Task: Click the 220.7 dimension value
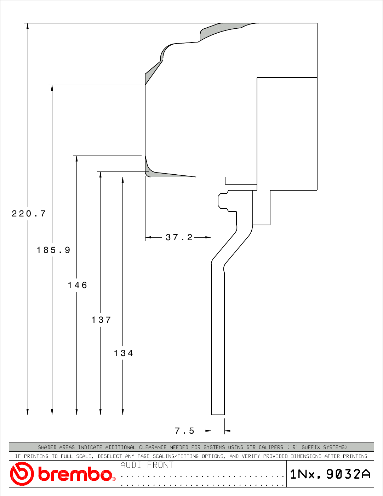pos(29,214)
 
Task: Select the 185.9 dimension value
pos(53,250)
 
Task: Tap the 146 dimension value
pos(78,285)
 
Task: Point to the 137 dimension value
pos(102,320)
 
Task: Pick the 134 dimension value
pos(124,353)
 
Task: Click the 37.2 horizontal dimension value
pos(179,237)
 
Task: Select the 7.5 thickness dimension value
pos(184,431)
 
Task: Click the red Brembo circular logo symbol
pos(22,474)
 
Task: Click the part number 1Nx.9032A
pos(330,474)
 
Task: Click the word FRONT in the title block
pos(160,465)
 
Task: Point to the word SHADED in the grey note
pos(47,447)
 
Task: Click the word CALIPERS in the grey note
pos(271,447)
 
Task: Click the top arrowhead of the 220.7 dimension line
pos(28,26)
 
